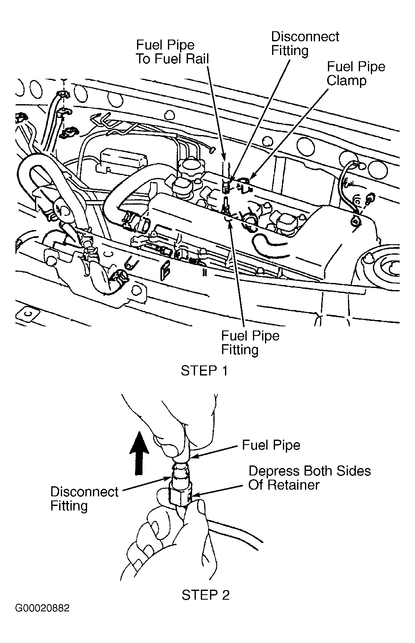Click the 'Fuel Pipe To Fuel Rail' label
172,52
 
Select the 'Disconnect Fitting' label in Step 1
305,43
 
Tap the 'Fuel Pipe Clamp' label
355,73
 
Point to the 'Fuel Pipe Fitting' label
250,343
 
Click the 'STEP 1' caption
204,371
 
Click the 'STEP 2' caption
205,595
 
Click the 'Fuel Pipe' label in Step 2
271,445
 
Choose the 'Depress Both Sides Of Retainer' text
309,478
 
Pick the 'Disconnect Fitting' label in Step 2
84,498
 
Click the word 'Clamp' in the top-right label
346,80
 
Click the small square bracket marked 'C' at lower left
26,317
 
